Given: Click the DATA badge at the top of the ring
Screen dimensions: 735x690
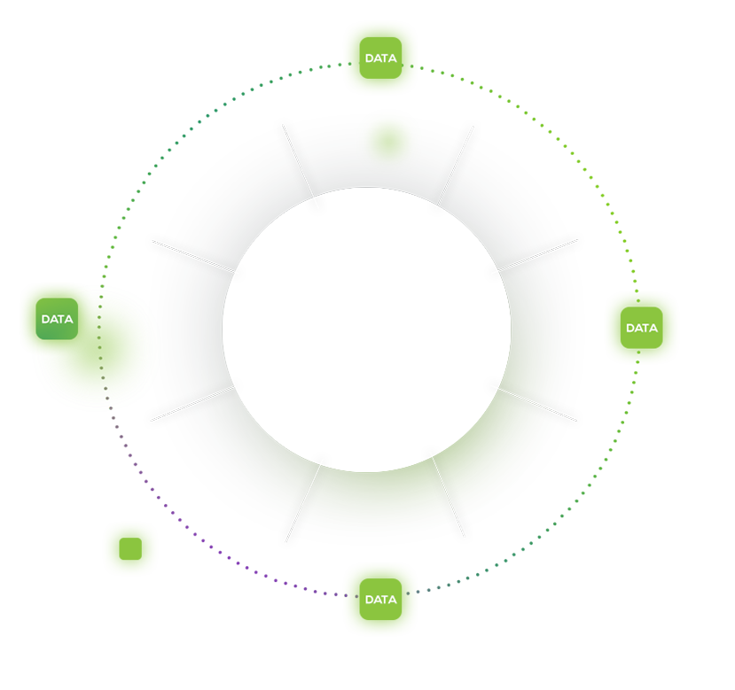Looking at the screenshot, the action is (380, 58).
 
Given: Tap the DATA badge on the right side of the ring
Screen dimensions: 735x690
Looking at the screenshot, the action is (641, 328).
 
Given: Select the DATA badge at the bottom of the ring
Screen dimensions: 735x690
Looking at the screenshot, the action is (380, 599).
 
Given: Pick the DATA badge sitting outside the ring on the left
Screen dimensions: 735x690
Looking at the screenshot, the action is (57, 319).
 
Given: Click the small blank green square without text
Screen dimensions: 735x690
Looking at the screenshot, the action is (130, 548).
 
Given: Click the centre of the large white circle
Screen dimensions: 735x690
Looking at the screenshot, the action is (366, 329).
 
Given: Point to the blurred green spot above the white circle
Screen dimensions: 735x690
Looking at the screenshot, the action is (388, 142).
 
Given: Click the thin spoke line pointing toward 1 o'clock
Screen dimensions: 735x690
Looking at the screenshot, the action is (456, 165).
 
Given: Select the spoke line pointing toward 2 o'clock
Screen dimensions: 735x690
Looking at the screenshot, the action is (537, 255).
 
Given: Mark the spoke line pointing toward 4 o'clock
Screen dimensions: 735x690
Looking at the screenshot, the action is (537, 404).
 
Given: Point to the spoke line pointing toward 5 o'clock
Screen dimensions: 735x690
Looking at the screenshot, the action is (449, 497).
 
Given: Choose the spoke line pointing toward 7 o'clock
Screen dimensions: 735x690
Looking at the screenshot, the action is (303, 503).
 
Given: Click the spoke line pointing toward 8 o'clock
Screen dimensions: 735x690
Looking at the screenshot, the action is (192, 404).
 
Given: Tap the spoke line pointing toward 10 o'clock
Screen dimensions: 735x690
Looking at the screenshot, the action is (193, 256).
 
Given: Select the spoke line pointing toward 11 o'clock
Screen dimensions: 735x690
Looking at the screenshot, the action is (298, 160).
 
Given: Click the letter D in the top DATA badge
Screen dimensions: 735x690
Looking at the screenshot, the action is (370, 58).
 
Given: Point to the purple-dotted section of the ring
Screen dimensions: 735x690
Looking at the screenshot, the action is (201, 539).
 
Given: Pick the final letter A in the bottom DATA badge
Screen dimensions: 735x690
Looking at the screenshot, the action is (392, 599).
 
